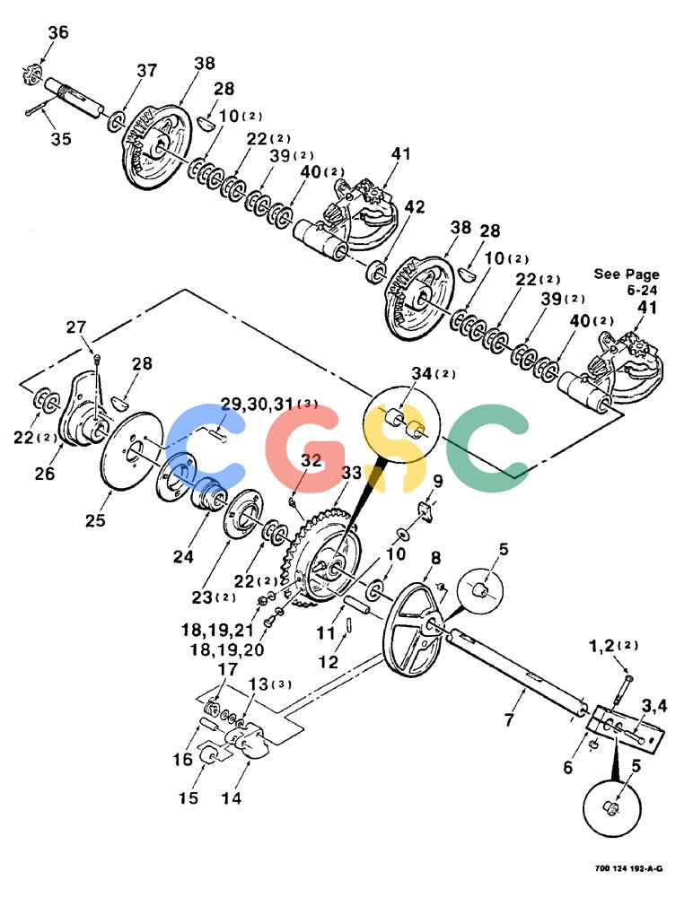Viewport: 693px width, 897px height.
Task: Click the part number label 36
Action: tap(57, 32)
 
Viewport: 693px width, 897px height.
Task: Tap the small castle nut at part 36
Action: tap(34, 75)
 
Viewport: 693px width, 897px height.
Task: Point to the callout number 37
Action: tap(146, 70)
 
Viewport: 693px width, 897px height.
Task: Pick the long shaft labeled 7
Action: tap(517, 670)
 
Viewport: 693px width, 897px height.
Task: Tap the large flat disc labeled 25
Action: tap(132, 450)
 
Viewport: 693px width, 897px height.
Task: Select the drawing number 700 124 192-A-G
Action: tap(628, 868)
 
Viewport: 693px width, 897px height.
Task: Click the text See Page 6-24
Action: tap(627, 282)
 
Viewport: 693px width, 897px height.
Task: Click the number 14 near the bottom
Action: tap(231, 797)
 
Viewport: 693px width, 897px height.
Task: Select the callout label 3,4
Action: tap(653, 706)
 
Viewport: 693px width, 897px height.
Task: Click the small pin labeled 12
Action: tap(349, 624)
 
